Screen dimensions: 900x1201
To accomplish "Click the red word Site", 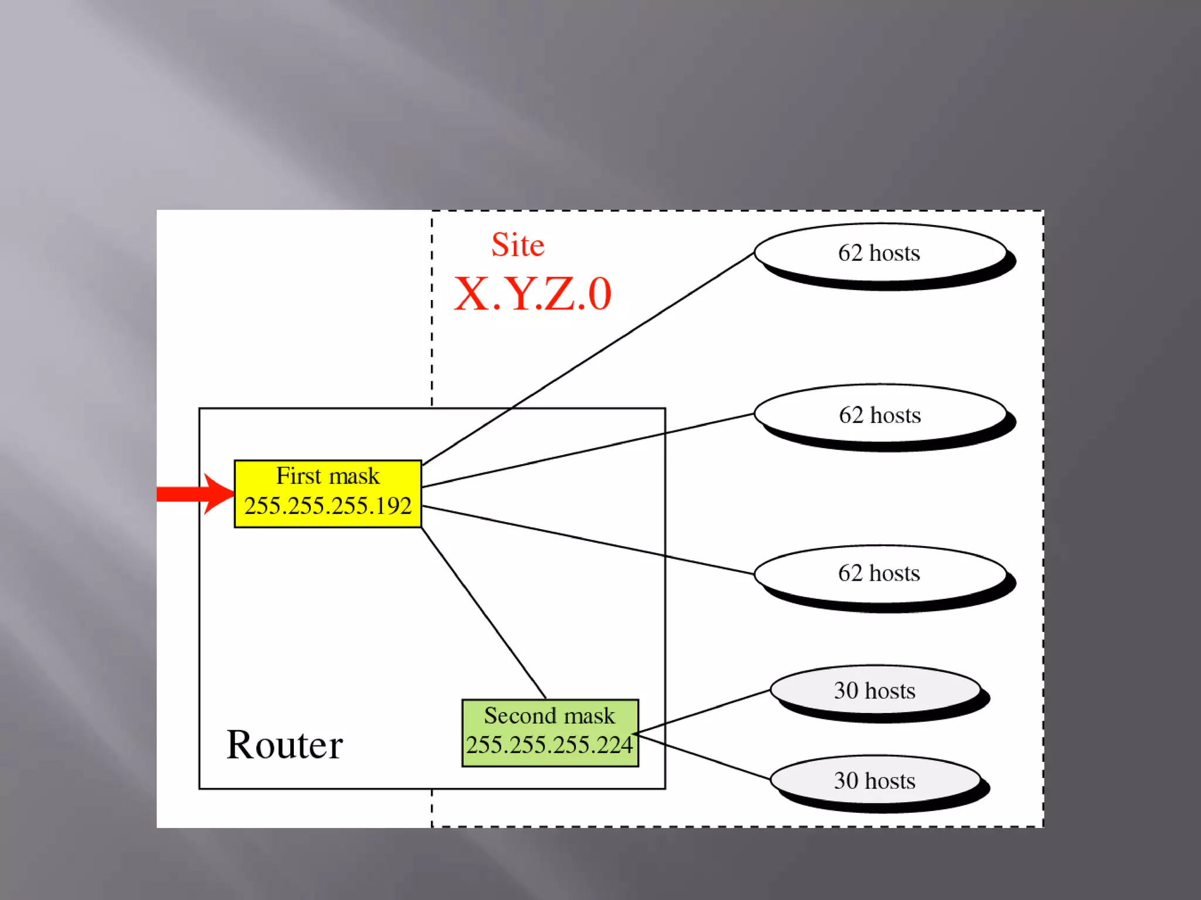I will pyautogui.click(x=518, y=245).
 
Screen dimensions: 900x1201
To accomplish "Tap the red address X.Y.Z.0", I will pyautogui.click(x=532, y=294).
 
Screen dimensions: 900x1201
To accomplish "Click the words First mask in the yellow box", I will pyautogui.click(x=328, y=476).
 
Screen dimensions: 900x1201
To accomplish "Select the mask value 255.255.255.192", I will pyautogui.click(x=328, y=506).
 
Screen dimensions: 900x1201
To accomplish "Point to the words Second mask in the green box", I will pyautogui.click(x=549, y=715).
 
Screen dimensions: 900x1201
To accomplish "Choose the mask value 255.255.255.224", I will pyautogui.click(x=549, y=745).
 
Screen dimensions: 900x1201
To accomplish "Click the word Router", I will pyautogui.click(x=284, y=745).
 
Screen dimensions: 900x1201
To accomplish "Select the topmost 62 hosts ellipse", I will pyautogui.click(x=880, y=253).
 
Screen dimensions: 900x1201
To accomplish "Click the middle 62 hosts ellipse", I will pyautogui.click(x=880, y=415).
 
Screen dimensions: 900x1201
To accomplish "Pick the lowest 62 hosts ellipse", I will pyautogui.click(x=880, y=573).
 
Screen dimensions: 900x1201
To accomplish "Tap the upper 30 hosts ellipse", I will pyautogui.click(x=875, y=691).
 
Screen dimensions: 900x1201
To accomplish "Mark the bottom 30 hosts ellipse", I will pyautogui.click(x=875, y=781).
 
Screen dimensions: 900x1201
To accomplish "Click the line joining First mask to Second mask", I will pyautogui.click(x=484, y=613).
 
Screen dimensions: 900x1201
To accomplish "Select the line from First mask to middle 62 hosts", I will pyautogui.click(x=586, y=450).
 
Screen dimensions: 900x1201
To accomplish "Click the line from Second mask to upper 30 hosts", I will pyautogui.click(x=704, y=711).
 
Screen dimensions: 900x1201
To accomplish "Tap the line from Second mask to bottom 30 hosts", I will pyautogui.click(x=704, y=756).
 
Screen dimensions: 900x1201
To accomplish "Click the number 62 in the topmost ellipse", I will pyautogui.click(x=850, y=253).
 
